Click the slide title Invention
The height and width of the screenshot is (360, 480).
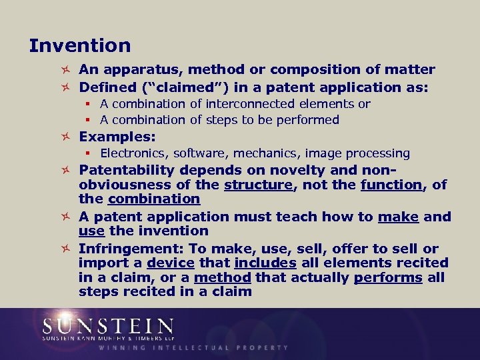(80, 46)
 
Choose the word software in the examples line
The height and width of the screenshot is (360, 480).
(199, 153)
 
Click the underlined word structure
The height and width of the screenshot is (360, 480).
(259, 184)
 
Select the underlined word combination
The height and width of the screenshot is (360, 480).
(154, 199)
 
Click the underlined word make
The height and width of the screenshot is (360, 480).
(398, 216)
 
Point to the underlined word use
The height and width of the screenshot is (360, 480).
(91, 231)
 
